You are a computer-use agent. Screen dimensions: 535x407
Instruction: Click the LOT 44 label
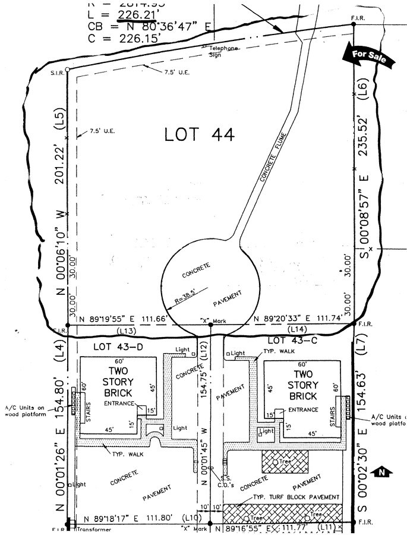click(199, 135)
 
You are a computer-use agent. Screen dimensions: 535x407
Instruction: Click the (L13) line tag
click(126, 330)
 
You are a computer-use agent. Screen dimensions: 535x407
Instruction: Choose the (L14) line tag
click(296, 329)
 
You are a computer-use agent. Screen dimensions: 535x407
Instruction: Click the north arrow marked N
click(381, 473)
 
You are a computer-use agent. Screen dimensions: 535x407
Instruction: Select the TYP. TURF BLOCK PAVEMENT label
click(296, 497)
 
